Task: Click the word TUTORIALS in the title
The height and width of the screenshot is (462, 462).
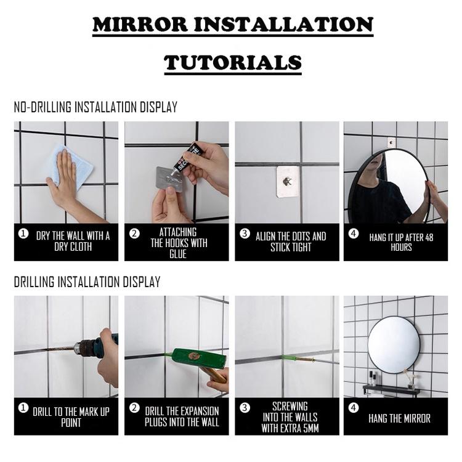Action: coord(232,62)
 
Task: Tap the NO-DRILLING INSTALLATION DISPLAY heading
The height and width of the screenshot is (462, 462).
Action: coord(95,107)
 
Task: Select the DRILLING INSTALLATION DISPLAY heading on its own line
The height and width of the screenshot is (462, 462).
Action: coord(87,282)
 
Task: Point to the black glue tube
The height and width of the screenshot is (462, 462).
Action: coord(188,158)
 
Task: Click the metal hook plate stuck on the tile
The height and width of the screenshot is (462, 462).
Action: coord(287,181)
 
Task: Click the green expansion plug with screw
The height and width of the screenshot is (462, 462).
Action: coord(298,358)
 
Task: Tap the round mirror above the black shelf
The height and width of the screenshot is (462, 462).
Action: coord(394,344)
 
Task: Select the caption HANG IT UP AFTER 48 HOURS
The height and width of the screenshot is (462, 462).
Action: coord(401,241)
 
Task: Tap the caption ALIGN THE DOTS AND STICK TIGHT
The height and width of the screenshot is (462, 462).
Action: coord(291,241)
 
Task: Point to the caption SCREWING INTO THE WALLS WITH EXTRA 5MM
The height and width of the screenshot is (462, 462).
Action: coord(290,417)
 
